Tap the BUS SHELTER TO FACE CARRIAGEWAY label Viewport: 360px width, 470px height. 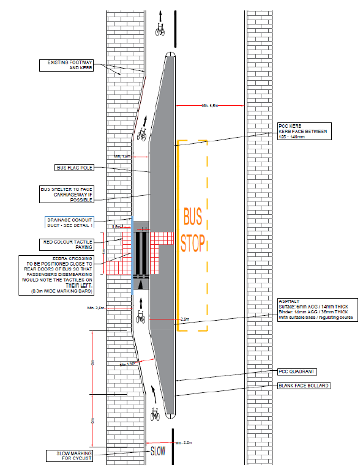[x=66, y=195]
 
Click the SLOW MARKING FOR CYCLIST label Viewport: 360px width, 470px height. [x=69, y=456]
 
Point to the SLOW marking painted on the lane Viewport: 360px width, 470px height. [x=158, y=451]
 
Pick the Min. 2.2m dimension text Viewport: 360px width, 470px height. [x=184, y=442]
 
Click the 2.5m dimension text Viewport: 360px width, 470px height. [x=185, y=319]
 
